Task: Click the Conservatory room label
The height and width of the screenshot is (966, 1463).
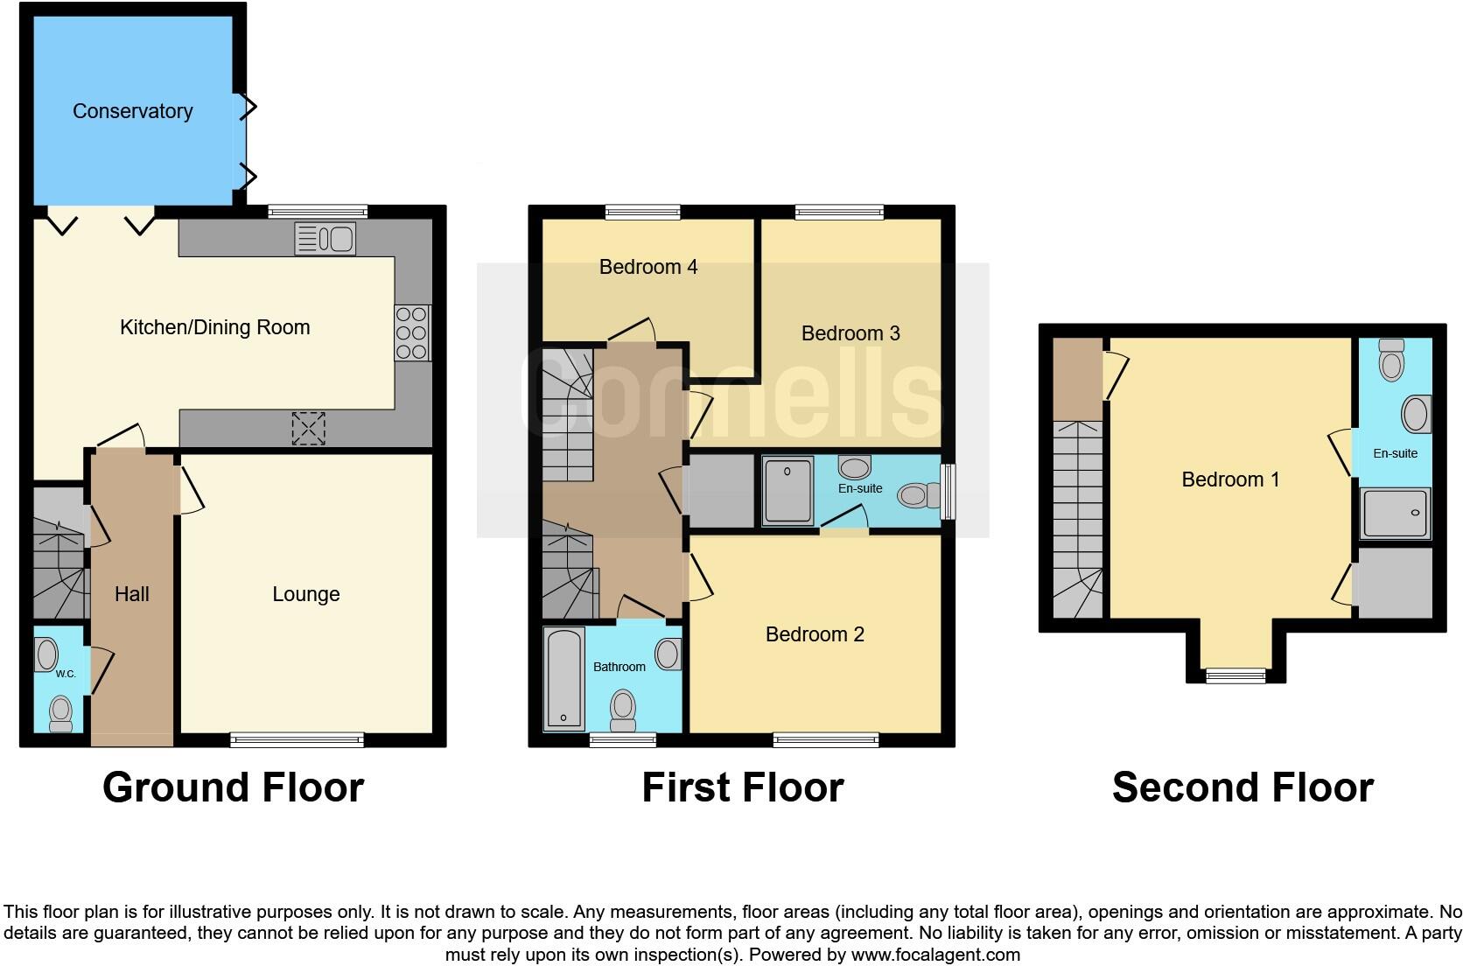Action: [132, 111]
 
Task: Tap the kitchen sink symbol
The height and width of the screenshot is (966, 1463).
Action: [325, 238]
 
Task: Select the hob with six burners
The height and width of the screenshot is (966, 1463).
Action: [411, 332]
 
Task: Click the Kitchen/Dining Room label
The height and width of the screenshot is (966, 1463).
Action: [214, 327]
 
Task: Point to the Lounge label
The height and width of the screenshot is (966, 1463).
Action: [305, 594]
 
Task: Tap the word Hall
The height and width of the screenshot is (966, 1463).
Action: [131, 594]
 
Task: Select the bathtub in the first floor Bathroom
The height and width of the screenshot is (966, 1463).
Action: [563, 679]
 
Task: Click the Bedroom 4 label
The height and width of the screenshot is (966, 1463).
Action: [647, 267]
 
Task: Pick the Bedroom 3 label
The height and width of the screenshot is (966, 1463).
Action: [850, 333]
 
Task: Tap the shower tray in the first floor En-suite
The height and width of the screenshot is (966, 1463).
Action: [787, 490]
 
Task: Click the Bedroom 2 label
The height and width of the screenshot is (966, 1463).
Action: [814, 634]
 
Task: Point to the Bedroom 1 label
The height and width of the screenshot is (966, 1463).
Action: [1229, 479]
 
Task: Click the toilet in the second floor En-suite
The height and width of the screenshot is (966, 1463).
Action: [1390, 360]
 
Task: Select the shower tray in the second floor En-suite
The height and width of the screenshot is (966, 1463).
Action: [1396, 513]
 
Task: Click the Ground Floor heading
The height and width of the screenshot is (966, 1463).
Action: [233, 787]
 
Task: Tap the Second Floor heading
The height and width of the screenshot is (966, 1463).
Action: [1242, 787]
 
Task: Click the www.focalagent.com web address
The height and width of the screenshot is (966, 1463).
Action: [935, 955]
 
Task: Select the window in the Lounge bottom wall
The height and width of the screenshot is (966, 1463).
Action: [297, 740]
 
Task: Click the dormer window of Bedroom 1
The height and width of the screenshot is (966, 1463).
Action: [1235, 675]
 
